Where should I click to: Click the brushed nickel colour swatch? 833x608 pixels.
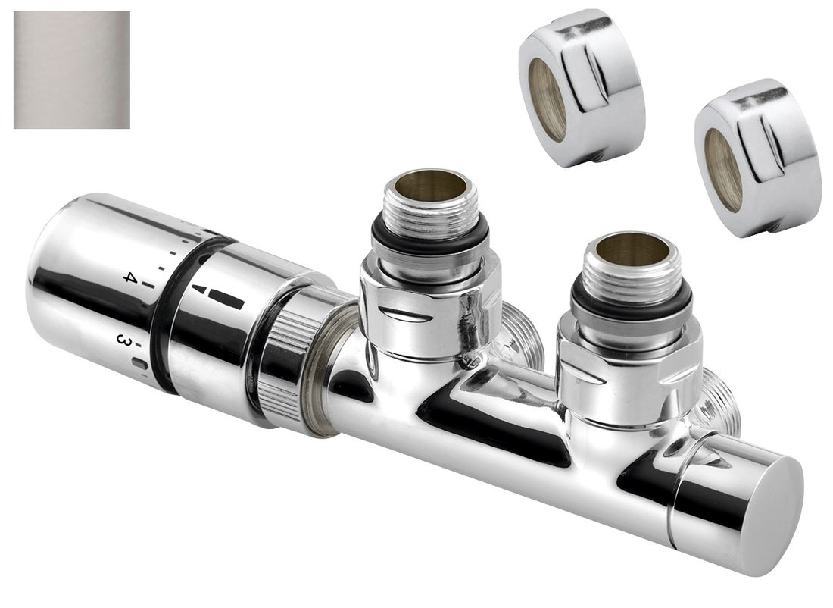tap(71, 69)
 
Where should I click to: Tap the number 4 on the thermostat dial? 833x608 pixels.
tap(130, 277)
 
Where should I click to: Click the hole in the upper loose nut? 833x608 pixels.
tap(547, 99)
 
